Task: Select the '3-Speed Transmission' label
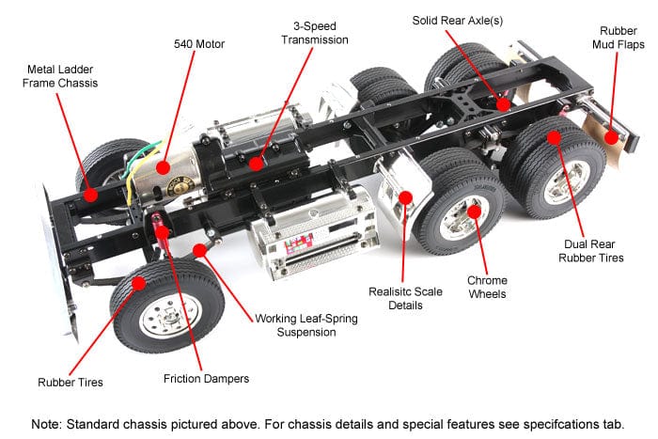315,33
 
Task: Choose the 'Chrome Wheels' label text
488,287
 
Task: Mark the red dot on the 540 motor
164,167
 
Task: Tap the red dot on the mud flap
612,137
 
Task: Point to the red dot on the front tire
138,282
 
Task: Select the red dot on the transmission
257,163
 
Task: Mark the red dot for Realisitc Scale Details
406,197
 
